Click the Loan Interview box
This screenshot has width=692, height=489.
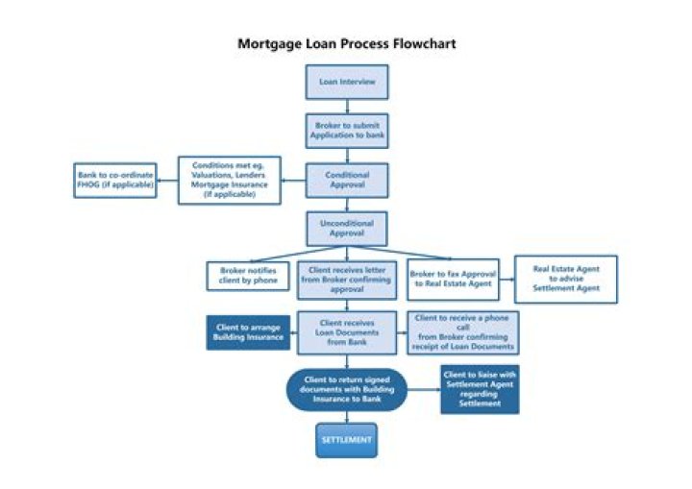pos(347,82)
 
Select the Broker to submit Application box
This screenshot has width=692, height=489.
pos(347,131)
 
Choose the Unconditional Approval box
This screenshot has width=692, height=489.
pos(347,229)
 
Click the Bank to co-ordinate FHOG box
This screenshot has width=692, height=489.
pos(113,179)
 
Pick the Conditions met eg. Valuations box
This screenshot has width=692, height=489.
pos(229,180)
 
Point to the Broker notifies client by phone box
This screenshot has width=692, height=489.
pos(248,276)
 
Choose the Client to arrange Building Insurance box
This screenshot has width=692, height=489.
pos(248,332)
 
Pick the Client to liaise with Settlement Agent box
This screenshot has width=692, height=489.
pos(480,389)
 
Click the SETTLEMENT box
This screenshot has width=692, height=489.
pos(347,440)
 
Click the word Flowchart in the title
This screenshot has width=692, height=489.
pos(425,44)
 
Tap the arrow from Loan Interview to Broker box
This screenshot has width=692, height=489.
pos(347,106)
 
